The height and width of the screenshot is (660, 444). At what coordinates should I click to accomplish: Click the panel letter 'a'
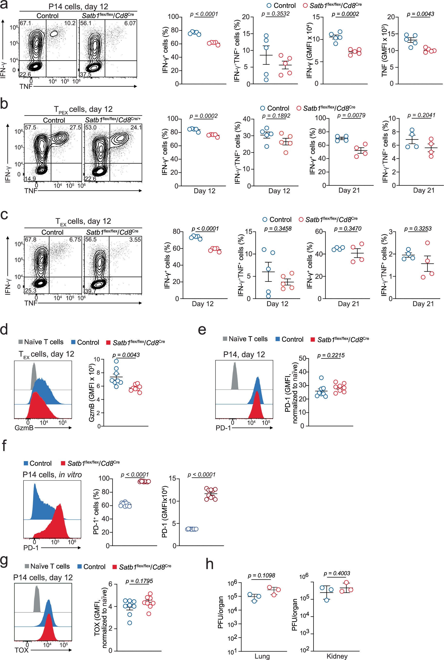coord(4,5)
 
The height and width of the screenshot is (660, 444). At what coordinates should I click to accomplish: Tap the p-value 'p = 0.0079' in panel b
coord(351,115)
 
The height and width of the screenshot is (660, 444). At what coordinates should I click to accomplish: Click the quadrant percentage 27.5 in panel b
coord(75,128)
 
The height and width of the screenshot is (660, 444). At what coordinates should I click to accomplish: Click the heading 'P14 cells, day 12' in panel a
coord(78,6)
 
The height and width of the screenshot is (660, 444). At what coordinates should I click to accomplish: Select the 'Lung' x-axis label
coord(262,656)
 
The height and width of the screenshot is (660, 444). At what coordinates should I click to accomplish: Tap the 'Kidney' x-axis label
coord(337,656)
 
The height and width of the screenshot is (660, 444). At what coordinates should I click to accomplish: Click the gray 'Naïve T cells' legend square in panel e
coord(225,339)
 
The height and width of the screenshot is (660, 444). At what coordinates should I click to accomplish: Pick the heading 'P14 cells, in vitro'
coord(52,475)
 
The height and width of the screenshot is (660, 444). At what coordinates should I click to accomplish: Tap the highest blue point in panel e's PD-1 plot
coord(321,378)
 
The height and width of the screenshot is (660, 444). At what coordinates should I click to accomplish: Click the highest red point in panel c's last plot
coord(427,243)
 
